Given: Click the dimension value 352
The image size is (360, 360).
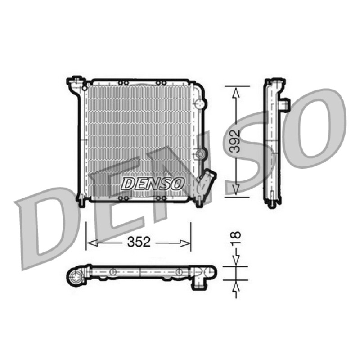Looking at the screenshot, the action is click(x=139, y=242).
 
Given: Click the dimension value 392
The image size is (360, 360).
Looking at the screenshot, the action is click(x=235, y=141).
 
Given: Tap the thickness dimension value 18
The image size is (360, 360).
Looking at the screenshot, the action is click(x=236, y=238).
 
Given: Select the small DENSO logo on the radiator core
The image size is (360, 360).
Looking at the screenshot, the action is click(x=153, y=184).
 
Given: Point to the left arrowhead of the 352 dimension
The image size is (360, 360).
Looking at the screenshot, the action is click(x=93, y=243).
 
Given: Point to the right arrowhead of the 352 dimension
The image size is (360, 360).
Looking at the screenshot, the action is click(x=185, y=243).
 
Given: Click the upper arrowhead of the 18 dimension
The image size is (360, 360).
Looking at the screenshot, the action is click(x=236, y=261).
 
